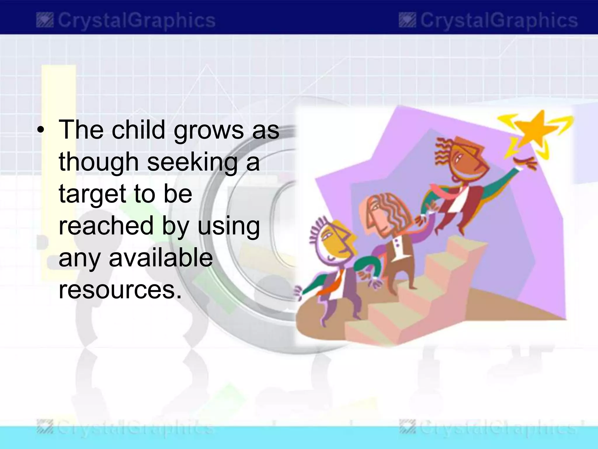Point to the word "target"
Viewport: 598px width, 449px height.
[x=92, y=194]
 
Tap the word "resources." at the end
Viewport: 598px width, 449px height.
[x=120, y=290]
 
